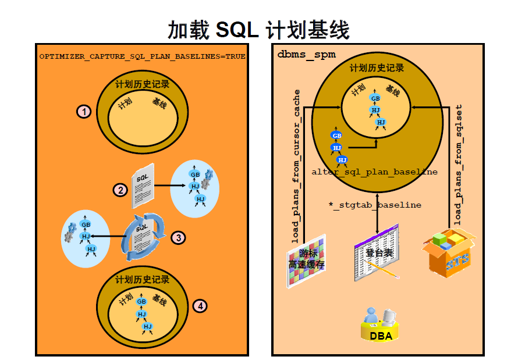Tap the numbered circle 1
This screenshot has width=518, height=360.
pyautogui.click(x=85, y=111)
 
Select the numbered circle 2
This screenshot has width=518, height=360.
pyautogui.click(x=120, y=190)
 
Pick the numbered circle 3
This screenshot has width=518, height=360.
pyautogui.click(x=178, y=237)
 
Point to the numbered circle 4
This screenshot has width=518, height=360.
pyautogui.click(x=200, y=305)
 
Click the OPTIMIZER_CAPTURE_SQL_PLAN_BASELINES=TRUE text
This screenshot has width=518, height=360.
pyautogui.click(x=142, y=57)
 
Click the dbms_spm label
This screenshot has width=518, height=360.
pyautogui.click(x=298, y=54)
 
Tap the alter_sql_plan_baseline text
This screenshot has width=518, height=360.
pyautogui.click(x=374, y=172)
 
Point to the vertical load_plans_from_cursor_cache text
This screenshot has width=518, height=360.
pyautogui.click(x=296, y=166)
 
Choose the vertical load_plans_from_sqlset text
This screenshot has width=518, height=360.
pyautogui.click(x=458, y=165)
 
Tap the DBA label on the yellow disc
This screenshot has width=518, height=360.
pyautogui.click(x=380, y=336)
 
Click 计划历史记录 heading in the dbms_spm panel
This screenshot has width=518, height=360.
pyautogui.click(x=377, y=68)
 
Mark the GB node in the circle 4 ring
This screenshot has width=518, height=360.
pyautogui.click(x=141, y=302)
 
